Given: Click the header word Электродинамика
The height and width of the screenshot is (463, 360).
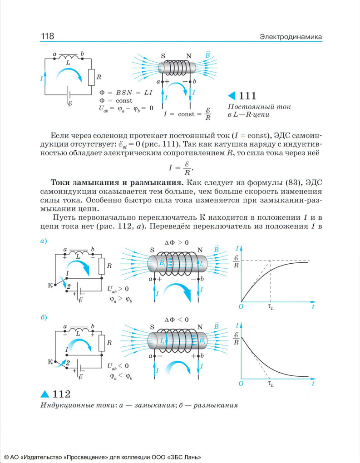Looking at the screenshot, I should tap(291, 36).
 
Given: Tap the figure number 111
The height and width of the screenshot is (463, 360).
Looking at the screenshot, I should tap(247, 96).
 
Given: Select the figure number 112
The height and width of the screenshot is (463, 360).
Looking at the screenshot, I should tap(61, 394).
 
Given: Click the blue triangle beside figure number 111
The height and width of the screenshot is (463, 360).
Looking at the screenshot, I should tap(232, 96).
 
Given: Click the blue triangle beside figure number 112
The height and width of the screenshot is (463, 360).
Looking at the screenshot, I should tap(45, 394).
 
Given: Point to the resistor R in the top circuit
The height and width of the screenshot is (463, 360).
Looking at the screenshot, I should tap(91, 77).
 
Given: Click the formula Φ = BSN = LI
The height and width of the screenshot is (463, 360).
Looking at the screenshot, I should tap(125, 92).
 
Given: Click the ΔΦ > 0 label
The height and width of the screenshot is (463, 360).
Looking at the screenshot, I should tap(177, 243).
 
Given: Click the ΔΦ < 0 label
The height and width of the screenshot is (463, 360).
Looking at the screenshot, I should tap(177, 320).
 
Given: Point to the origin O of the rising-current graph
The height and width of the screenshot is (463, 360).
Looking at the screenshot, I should tap(241, 307).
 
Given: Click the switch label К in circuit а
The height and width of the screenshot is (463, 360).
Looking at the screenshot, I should tap(50, 285).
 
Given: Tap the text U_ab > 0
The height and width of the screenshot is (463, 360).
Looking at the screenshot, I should tap(118, 289).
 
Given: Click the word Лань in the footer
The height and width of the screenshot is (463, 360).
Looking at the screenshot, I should tap(192, 457).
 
